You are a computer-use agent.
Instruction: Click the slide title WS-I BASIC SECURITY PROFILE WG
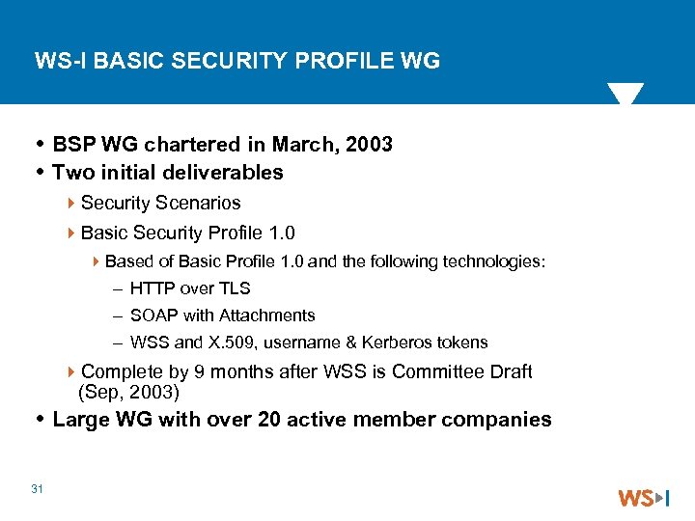237,62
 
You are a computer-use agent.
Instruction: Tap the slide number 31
38,489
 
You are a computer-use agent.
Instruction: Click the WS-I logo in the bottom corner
643,498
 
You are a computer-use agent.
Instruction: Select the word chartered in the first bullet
193,145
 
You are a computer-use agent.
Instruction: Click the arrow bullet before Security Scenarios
73,204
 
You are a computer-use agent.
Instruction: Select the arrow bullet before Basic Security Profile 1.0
73,233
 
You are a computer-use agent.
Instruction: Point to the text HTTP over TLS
190,288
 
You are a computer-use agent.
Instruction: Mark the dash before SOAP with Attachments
117,315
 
